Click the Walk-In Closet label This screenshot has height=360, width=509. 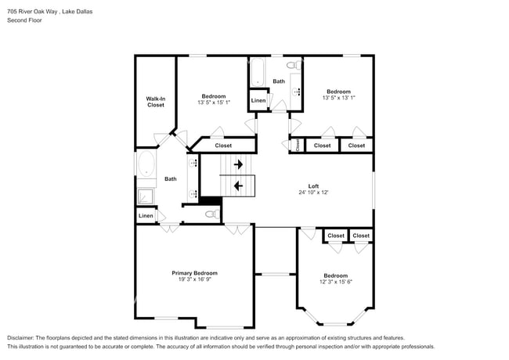[x=156, y=102]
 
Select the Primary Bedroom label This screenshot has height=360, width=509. [x=195, y=273]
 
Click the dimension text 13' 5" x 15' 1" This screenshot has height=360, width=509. [x=214, y=103]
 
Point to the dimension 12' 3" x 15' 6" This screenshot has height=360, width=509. [x=336, y=282]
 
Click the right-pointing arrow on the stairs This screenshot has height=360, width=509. [x=238, y=165]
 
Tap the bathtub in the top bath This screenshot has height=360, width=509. [x=258, y=73]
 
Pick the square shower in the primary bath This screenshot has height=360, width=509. [x=146, y=195]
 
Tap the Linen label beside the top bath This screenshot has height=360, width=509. [x=258, y=100]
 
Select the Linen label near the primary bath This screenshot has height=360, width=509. [x=146, y=215]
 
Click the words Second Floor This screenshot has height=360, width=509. [x=25, y=20]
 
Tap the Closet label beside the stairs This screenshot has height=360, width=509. [x=223, y=145]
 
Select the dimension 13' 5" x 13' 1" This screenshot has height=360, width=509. [x=338, y=98]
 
